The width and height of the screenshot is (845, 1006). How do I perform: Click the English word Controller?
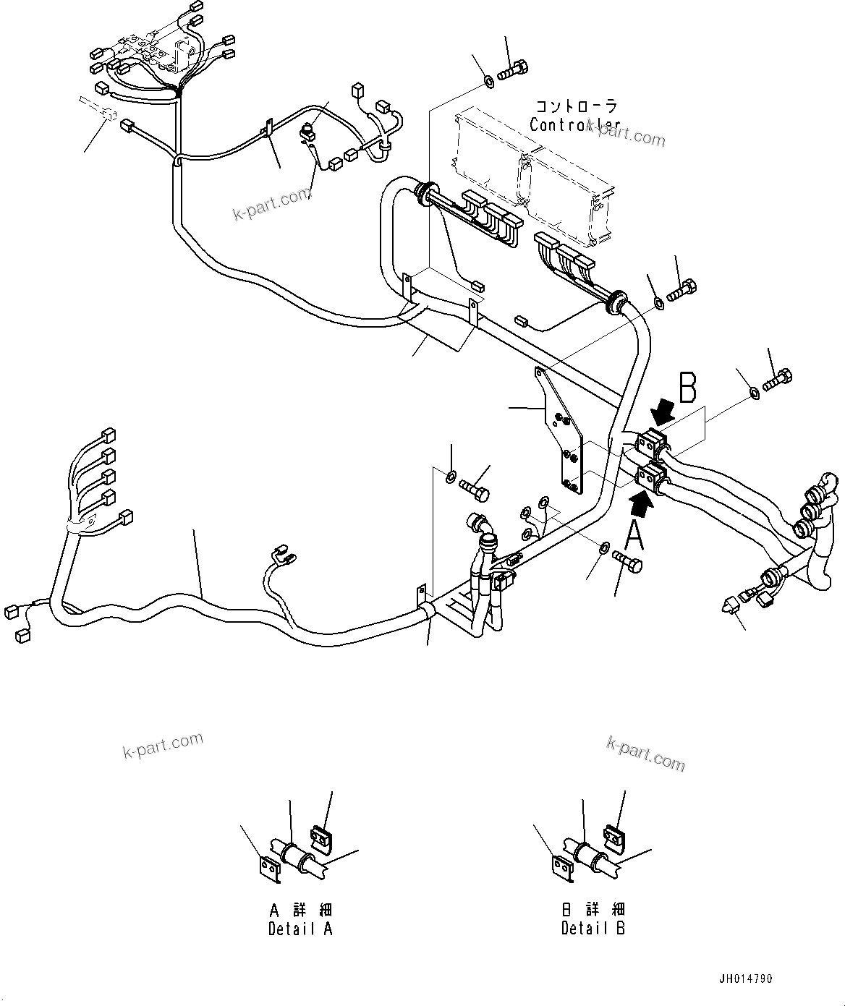[x=574, y=124]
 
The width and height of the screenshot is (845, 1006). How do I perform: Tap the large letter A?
[x=634, y=536]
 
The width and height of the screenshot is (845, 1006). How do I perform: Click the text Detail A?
[x=300, y=929]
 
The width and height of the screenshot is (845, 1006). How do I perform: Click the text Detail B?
[x=593, y=929]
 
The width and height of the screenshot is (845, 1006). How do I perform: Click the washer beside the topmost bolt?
[x=489, y=80]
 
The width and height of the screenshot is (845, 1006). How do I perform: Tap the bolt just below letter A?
[x=627, y=561]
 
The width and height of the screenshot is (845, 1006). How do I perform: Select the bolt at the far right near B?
[x=778, y=378]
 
